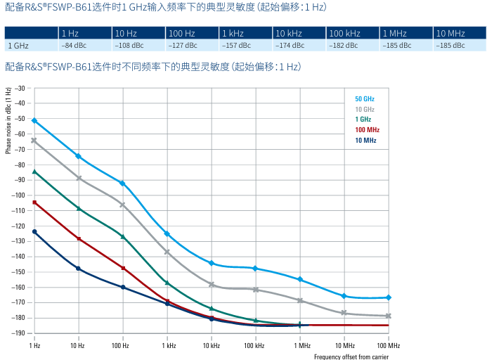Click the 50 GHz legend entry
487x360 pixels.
click(x=364, y=98)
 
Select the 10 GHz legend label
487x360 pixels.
click(x=364, y=109)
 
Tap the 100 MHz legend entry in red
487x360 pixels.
click(x=367, y=130)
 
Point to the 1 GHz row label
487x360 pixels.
click(x=18, y=46)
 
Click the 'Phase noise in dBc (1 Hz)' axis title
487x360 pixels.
click(x=8, y=120)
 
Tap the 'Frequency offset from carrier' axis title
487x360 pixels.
click(x=351, y=356)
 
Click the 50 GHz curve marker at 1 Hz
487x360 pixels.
click(x=34, y=120)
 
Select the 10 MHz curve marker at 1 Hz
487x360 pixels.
click(x=34, y=231)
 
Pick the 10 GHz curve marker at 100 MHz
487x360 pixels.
click(x=388, y=316)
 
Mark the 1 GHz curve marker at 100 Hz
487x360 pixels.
click(x=122, y=236)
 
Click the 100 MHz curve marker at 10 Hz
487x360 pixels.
click(x=78, y=239)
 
